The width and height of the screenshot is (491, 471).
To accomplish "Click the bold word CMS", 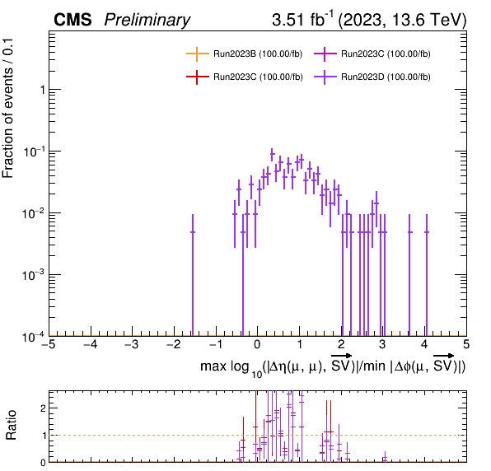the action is [x=72, y=20].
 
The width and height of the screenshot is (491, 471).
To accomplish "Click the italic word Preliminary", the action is [x=147, y=21].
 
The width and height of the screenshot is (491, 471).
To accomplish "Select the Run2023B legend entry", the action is [x=244, y=54].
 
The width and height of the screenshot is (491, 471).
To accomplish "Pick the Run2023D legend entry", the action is [x=372, y=77].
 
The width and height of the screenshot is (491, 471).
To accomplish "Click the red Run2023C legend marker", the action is [x=197, y=77].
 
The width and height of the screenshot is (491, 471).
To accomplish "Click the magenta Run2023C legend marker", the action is [x=325, y=54].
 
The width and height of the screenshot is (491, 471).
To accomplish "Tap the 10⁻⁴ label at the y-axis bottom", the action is [x=33, y=338].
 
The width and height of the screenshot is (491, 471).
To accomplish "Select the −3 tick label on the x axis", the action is [x=132, y=344].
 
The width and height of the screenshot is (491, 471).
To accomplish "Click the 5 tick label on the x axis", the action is [x=466, y=344].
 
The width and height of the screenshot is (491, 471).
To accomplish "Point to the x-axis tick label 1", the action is [x=299, y=344].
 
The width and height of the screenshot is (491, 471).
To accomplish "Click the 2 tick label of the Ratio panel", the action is [x=43, y=408].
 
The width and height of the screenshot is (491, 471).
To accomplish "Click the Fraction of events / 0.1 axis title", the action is [x=7, y=108].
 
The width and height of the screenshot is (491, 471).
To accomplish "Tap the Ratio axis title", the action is [x=11, y=425].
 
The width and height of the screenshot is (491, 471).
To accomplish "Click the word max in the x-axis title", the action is [x=213, y=366].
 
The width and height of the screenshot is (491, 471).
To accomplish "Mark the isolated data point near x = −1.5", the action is [x=193, y=232].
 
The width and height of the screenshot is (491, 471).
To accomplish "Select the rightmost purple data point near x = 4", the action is [x=427, y=232].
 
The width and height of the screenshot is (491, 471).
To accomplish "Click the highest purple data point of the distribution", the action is [x=272, y=154].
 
